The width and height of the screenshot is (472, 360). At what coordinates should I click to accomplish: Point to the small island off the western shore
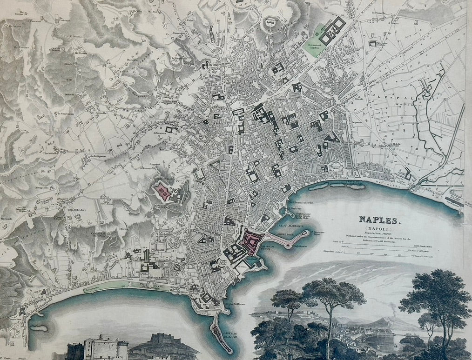click(x=39, y=327)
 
